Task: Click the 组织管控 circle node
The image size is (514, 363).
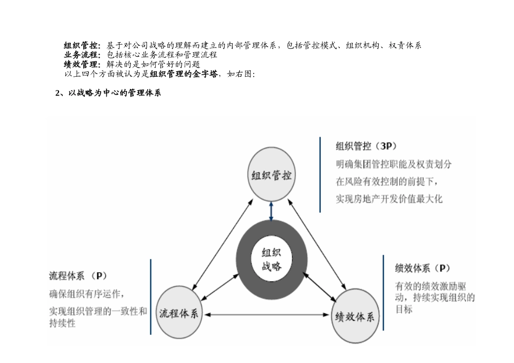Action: click(x=272, y=176)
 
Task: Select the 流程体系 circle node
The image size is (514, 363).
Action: click(x=179, y=313)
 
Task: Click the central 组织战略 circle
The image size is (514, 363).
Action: click(x=272, y=259)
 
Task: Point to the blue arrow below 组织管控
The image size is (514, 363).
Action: click(x=272, y=211)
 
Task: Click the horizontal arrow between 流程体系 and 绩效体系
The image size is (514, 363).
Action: click(x=266, y=314)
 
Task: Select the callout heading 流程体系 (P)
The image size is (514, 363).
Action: click(x=78, y=276)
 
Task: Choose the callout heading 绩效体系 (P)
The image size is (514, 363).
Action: click(x=423, y=268)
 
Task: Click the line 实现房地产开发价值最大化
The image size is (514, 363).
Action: click(x=389, y=199)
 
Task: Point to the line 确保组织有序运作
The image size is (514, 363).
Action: click(x=87, y=294)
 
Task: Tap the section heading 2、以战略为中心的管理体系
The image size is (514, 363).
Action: click(x=108, y=93)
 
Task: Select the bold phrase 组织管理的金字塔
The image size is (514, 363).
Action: click(x=184, y=74)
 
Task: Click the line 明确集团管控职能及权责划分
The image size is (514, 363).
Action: click(x=393, y=164)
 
